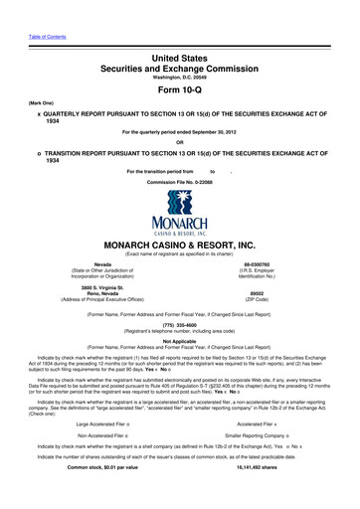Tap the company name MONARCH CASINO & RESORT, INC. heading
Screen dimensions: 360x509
coord(179,244)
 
